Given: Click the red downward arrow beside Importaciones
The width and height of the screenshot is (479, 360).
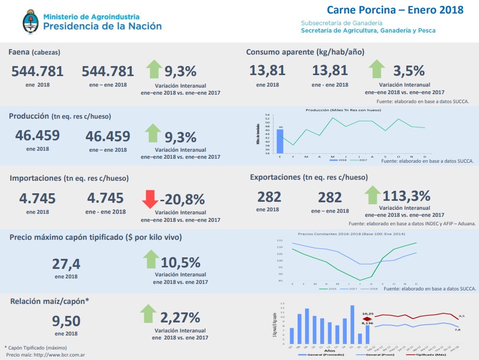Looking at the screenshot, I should (150, 199).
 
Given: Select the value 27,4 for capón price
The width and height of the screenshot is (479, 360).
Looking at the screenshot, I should (66, 264).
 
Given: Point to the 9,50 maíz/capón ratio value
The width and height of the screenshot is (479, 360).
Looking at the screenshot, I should (66, 321).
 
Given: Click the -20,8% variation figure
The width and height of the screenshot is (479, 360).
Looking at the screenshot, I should (182, 200).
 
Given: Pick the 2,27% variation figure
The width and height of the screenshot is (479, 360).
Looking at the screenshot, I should (180, 317).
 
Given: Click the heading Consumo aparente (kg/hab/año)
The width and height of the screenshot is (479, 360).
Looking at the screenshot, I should (305, 52).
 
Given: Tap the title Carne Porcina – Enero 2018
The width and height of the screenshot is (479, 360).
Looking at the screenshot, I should (395, 10).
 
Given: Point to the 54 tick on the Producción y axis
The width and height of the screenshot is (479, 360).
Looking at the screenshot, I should (268, 115).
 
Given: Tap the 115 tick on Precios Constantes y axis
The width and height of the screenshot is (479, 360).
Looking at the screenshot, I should (280, 241).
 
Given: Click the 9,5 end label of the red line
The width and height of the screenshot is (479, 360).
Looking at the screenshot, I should (461, 316).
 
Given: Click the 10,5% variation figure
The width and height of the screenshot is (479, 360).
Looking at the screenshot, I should (180, 262).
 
